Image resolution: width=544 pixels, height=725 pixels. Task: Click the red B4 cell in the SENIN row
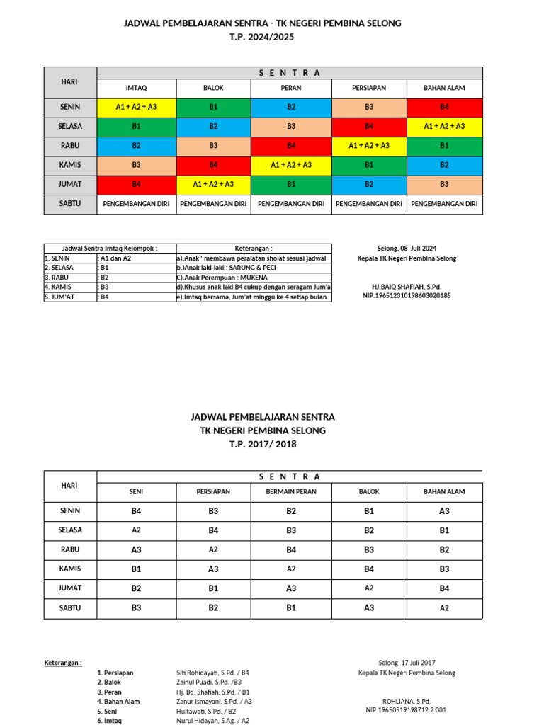444,108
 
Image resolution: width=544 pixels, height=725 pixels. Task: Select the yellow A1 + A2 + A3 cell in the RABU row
368,146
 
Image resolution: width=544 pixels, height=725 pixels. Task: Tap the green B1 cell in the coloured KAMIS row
368,165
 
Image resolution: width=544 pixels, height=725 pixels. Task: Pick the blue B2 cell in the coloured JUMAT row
368,184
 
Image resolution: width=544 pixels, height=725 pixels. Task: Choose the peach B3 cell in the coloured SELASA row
290,127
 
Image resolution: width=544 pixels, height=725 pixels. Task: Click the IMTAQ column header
136,89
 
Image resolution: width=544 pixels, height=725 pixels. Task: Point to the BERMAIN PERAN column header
290,491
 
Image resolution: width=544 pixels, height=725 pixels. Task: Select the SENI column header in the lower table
136,491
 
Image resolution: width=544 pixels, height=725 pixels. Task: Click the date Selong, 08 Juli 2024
407,249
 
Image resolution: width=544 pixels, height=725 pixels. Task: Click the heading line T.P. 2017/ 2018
263,444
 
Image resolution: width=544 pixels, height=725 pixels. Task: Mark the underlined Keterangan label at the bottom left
62,663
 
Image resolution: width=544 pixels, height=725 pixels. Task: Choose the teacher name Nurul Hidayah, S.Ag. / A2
212,720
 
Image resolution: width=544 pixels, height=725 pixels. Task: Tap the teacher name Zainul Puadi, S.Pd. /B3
210,682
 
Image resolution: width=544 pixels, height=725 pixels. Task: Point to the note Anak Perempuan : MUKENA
222,278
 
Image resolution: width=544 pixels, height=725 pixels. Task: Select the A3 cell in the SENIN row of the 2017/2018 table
444,511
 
